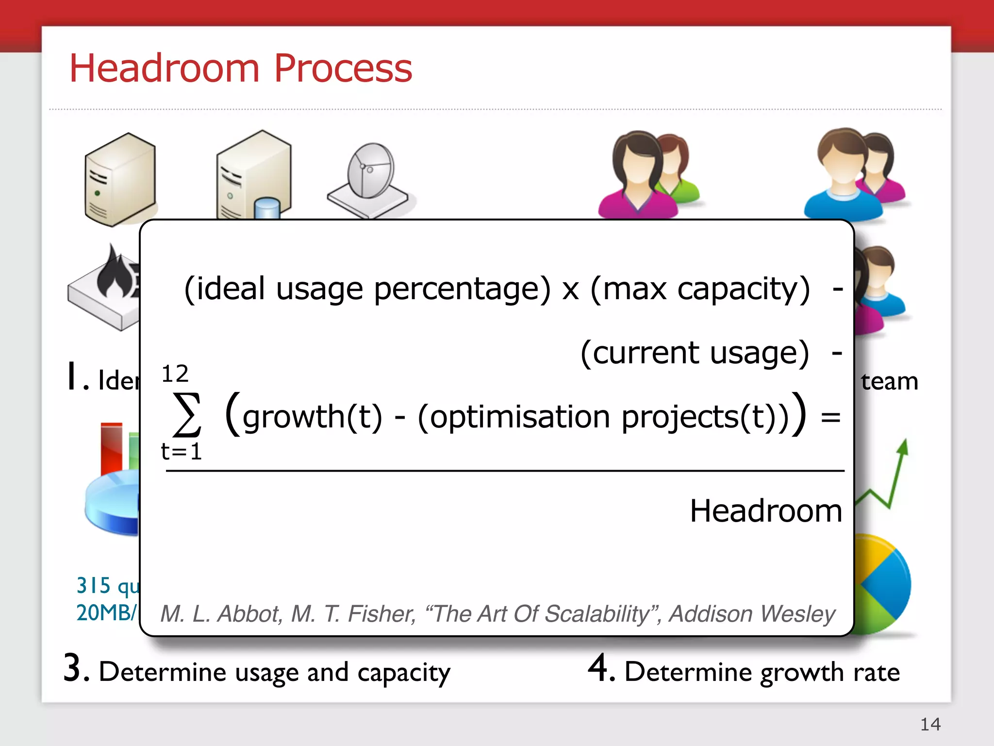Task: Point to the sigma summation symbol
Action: (187, 414)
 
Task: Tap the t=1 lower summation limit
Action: (181, 452)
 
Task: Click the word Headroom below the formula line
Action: (765, 511)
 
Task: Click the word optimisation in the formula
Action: (519, 417)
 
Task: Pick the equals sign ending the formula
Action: (830, 417)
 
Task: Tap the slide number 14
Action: (930, 724)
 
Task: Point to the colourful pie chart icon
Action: (881, 583)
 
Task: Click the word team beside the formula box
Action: (889, 381)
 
